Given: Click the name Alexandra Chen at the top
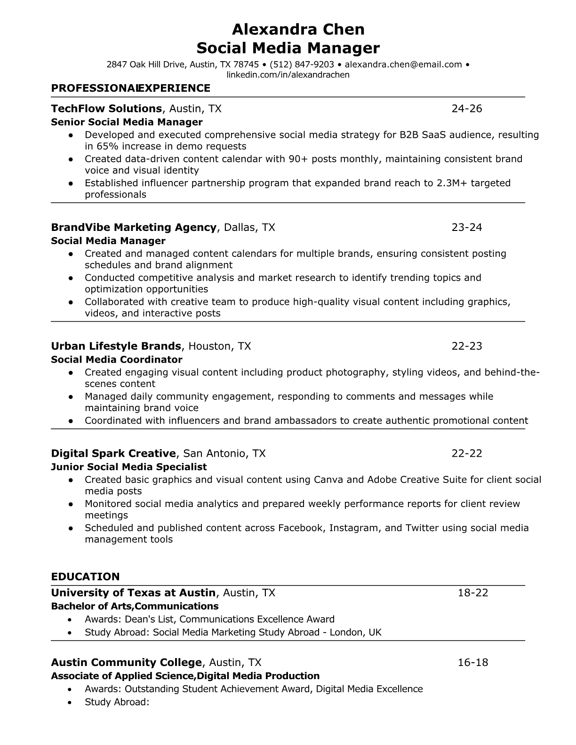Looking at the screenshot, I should pyautogui.click(x=298, y=30).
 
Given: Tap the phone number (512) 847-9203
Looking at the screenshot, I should pyautogui.click(x=302, y=64).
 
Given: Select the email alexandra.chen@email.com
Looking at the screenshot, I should pyautogui.click(x=403, y=64).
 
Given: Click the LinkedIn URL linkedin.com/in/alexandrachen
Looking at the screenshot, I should pyautogui.click(x=288, y=75).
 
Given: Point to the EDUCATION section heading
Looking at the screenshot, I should pyautogui.click(x=85, y=577).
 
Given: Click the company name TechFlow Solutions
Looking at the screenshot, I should pyautogui.click(x=106, y=109).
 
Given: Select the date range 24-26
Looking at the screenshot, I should pyautogui.click(x=467, y=109).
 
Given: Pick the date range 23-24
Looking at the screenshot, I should pyautogui.click(x=467, y=228).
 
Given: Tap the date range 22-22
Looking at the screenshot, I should pyautogui.click(x=467, y=453).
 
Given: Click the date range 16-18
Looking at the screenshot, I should pyautogui.click(x=473, y=663).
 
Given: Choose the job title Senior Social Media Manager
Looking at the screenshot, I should pyautogui.click(x=127, y=122).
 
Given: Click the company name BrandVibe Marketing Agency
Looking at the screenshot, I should pyautogui.click(x=134, y=228).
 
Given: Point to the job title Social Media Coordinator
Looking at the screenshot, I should pyautogui.click(x=116, y=360).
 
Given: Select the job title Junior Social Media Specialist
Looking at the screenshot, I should pyautogui.click(x=128, y=467).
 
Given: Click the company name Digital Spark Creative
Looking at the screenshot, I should pyautogui.click(x=113, y=453).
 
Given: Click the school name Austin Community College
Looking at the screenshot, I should pyautogui.click(x=126, y=663).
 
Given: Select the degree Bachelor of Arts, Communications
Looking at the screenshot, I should pyautogui.click(x=135, y=606).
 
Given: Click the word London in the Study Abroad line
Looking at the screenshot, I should pyautogui.click(x=346, y=633).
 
